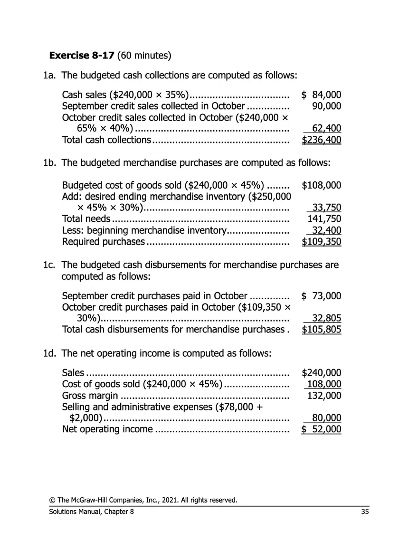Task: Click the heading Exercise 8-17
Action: point(82,56)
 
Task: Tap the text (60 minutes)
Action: point(144,56)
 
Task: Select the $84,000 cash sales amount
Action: point(322,95)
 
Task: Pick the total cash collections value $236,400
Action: point(322,140)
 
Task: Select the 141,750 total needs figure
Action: point(324,219)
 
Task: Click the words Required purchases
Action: point(104,242)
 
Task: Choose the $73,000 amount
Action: point(322,296)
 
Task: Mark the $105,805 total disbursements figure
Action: point(322,330)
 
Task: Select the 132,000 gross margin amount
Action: point(324,396)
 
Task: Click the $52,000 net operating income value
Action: point(322,429)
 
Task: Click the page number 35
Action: point(365,512)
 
